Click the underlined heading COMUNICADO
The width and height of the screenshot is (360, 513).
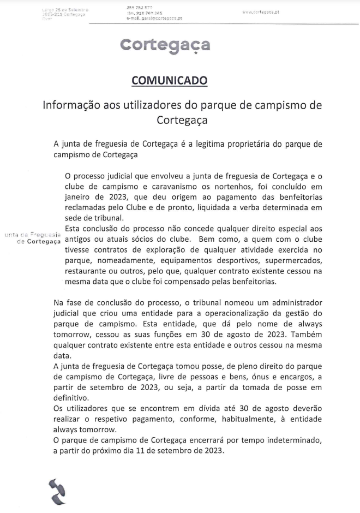tap(170, 81)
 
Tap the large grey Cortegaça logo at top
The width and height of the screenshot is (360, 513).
tap(165, 45)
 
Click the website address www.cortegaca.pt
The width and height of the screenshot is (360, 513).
tap(261, 11)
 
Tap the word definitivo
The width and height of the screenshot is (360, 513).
tap(77, 398)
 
